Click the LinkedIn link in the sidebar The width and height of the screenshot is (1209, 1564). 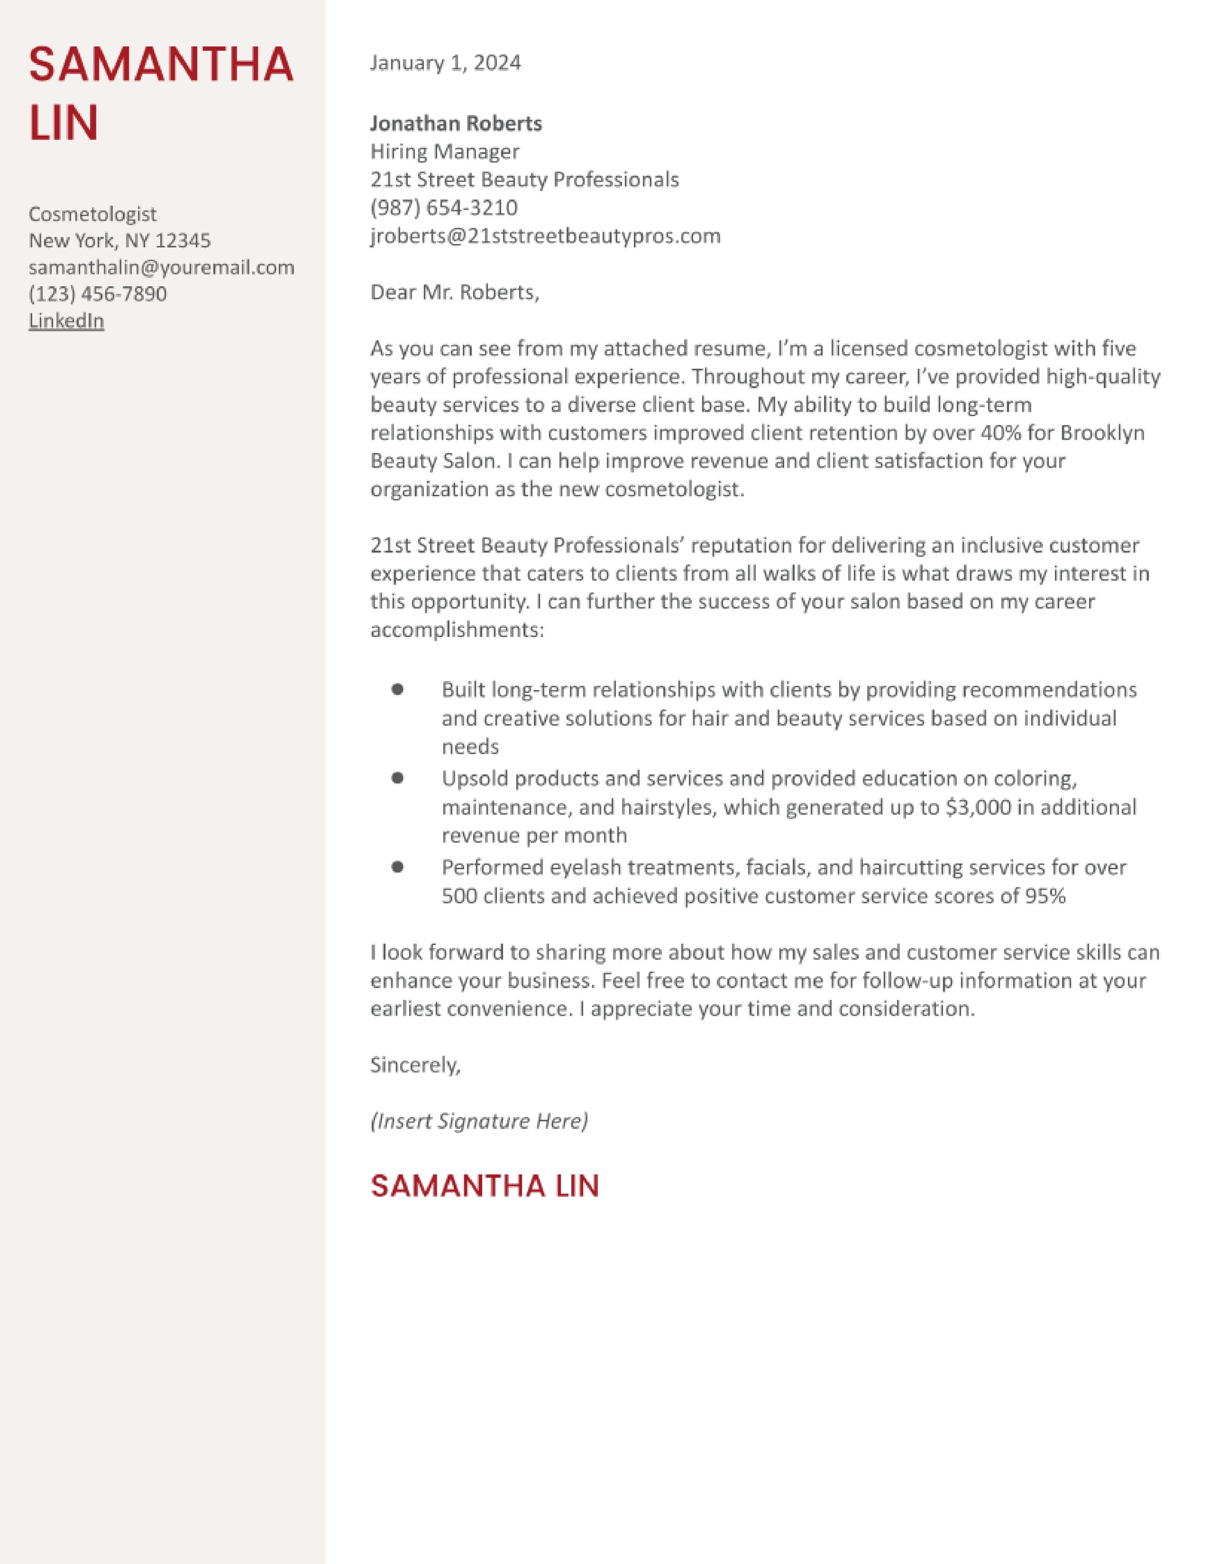click(66, 321)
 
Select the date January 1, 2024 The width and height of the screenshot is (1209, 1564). click(445, 63)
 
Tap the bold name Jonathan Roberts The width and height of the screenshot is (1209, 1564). click(456, 123)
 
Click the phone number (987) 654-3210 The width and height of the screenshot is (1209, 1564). click(443, 208)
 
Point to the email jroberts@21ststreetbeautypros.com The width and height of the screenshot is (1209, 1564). click(545, 236)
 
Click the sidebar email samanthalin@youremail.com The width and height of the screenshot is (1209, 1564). click(161, 267)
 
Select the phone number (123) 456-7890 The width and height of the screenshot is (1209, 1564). click(97, 294)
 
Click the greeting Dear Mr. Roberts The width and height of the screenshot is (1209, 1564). click(454, 292)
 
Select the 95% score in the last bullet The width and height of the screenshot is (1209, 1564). click(1045, 896)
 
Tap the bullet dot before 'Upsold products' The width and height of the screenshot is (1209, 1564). click(397, 778)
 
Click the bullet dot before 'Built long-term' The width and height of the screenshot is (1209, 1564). click(397, 689)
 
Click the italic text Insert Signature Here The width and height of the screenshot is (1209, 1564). click(478, 1121)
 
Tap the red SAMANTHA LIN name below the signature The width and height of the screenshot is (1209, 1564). click(484, 1186)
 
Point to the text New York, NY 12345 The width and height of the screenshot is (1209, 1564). click(119, 241)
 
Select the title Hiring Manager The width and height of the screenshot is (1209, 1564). click(444, 152)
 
